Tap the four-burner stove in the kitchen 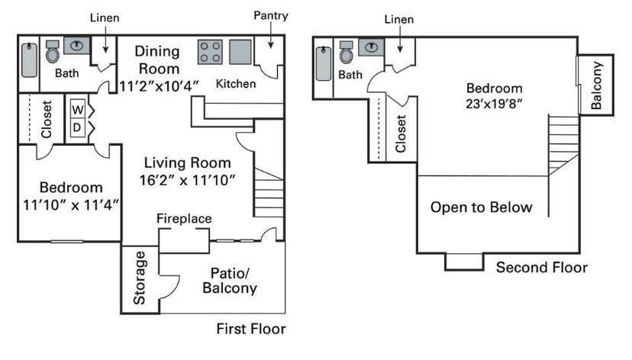pyautogui.click(x=211, y=52)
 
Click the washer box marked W pyautogui.click(x=78, y=109)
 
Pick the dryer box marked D pyautogui.click(x=78, y=127)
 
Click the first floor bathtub pyautogui.click(x=29, y=58)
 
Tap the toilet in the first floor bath pyautogui.click(x=53, y=53)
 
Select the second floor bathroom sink pyautogui.click(x=371, y=48)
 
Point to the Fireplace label pyautogui.click(x=184, y=219)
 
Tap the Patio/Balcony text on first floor pyautogui.click(x=229, y=281)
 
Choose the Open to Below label pyautogui.click(x=481, y=207)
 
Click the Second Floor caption pyautogui.click(x=542, y=268)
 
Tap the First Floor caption pyautogui.click(x=251, y=329)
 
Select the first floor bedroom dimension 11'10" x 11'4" pyautogui.click(x=71, y=204)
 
